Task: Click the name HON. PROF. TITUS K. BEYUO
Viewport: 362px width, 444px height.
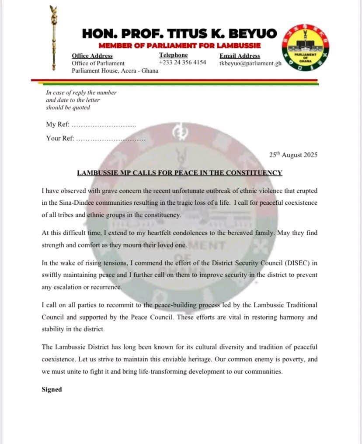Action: (179, 33)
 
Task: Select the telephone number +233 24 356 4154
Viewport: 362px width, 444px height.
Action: (182, 63)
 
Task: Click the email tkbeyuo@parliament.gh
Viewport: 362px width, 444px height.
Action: (251, 63)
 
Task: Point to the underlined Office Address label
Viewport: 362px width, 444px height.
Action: (92, 56)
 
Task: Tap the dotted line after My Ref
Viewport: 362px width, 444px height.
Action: (104, 125)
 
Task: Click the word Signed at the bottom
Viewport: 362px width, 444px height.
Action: (52, 389)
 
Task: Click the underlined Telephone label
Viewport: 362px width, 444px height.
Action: (173, 55)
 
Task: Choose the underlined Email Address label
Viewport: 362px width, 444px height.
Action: (240, 56)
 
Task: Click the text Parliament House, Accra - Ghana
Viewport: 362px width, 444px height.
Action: (115, 71)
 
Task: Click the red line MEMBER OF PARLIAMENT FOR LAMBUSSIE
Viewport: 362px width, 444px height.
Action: (179, 45)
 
